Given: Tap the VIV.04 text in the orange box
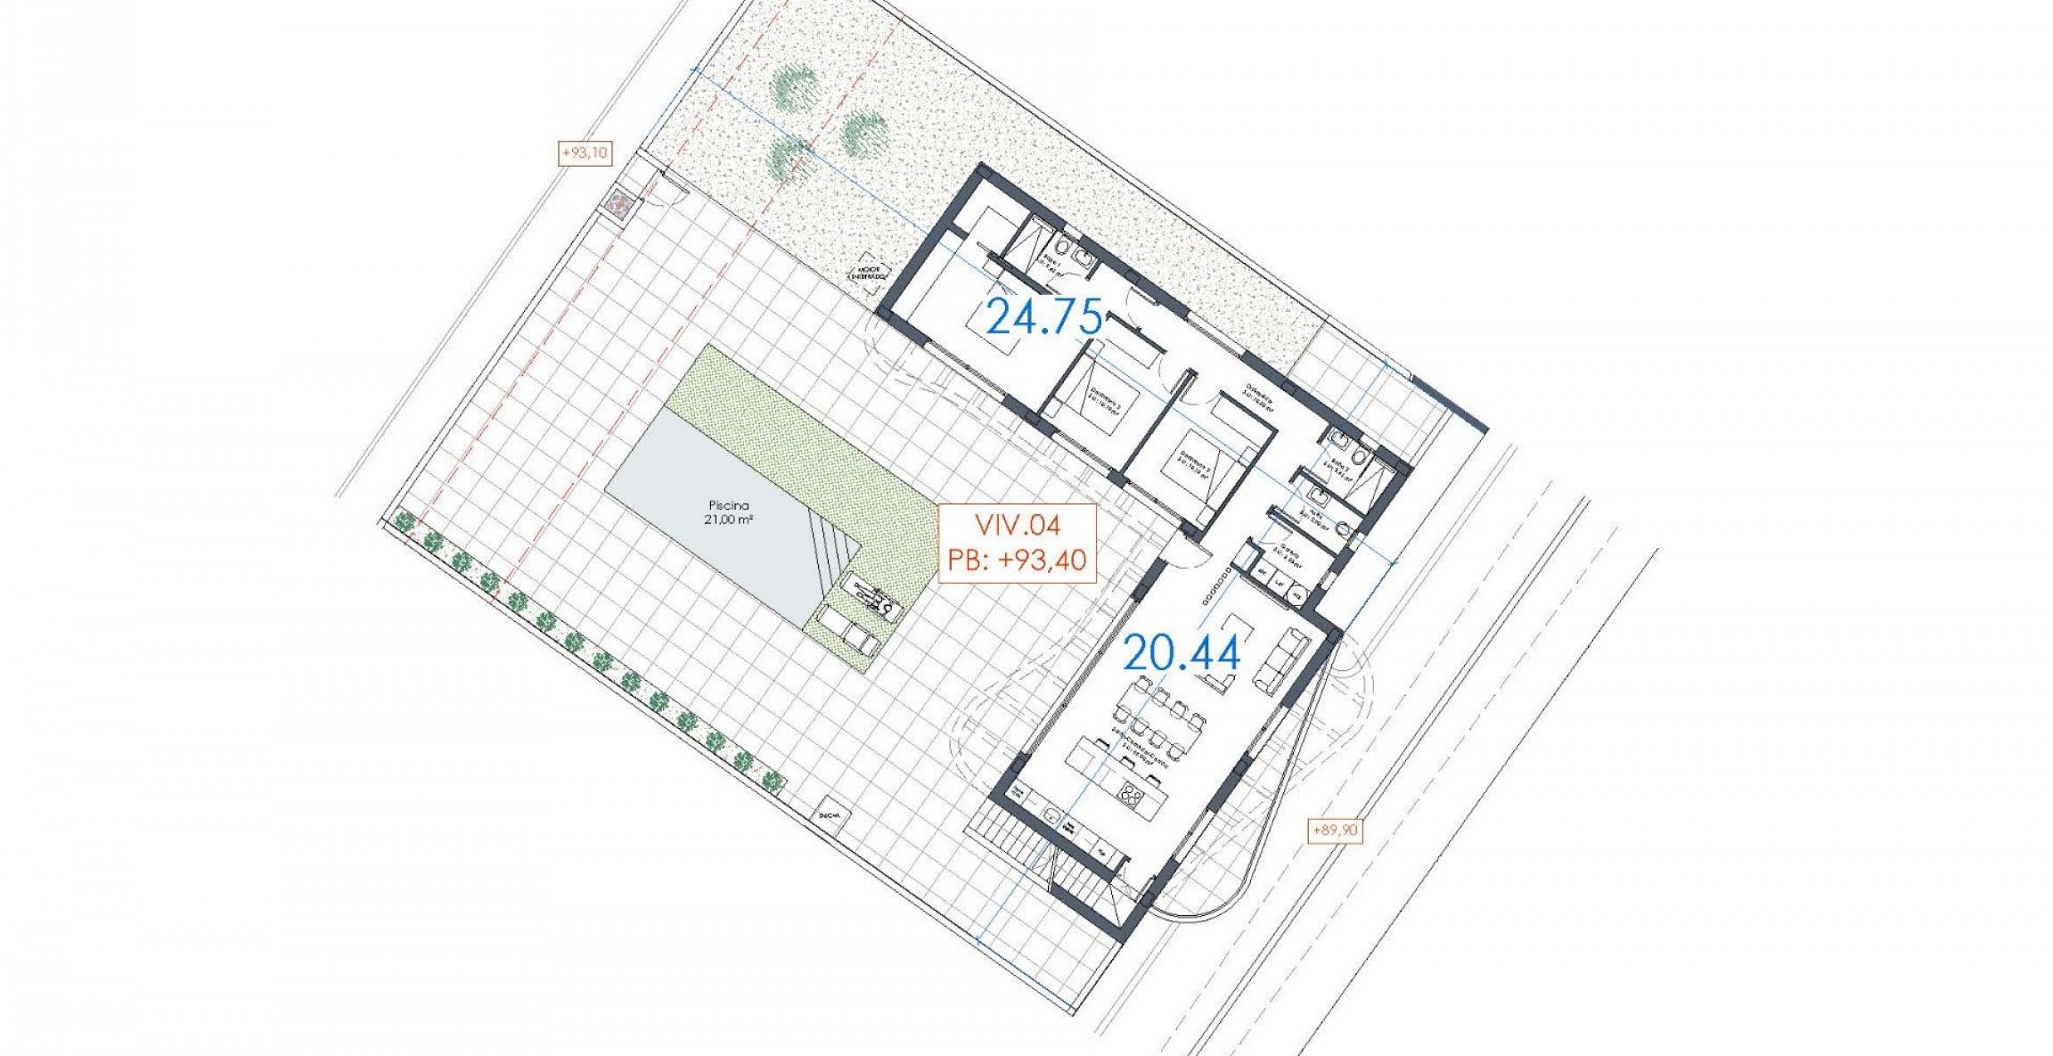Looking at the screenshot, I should pos(1017,526).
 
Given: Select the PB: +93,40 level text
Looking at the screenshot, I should pos(1017,560).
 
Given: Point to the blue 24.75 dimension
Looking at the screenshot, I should pos(1044,318).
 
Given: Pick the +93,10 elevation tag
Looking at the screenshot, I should pos(585,153).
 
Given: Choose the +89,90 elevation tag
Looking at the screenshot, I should pos(1335,830).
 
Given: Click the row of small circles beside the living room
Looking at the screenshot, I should pos(1217,587).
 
